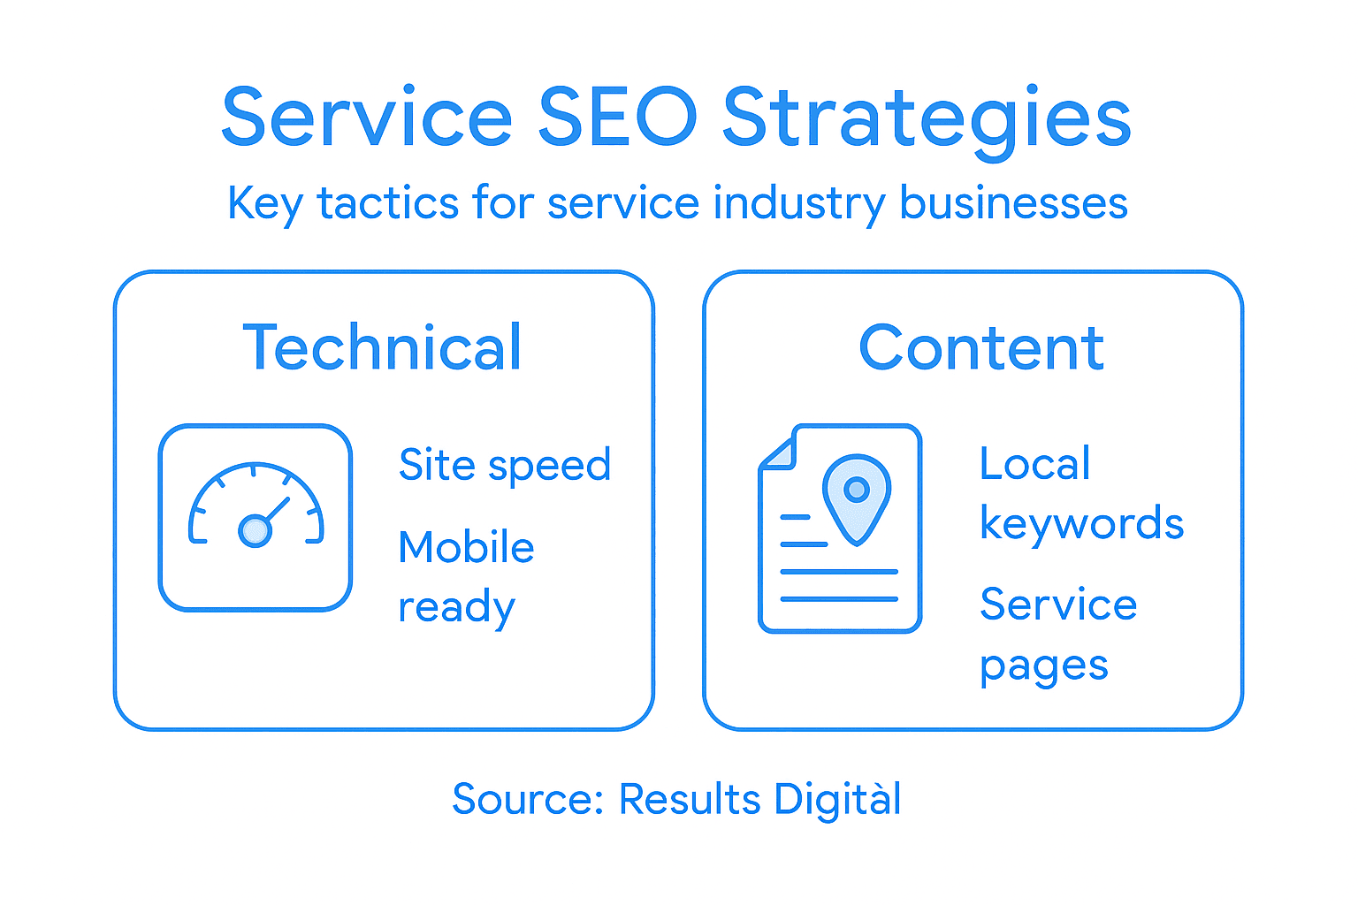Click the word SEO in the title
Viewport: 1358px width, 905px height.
(617, 117)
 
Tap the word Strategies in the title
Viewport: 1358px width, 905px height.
(927, 118)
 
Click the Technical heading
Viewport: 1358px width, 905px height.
(382, 347)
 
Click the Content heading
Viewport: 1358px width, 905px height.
(981, 347)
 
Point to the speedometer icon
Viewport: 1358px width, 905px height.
(256, 518)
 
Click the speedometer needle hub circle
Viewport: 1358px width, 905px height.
(255, 530)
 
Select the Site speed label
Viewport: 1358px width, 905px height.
(505, 465)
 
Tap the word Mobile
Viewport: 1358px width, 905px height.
(466, 547)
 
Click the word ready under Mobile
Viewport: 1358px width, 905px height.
(456, 608)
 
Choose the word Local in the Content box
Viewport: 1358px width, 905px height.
(1034, 464)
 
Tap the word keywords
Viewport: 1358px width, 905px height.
(1081, 523)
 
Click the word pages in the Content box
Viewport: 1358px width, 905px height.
(1043, 667)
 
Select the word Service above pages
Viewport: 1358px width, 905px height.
(1058, 605)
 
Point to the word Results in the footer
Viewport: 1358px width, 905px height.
(690, 799)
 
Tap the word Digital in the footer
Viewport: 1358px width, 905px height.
(837, 799)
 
